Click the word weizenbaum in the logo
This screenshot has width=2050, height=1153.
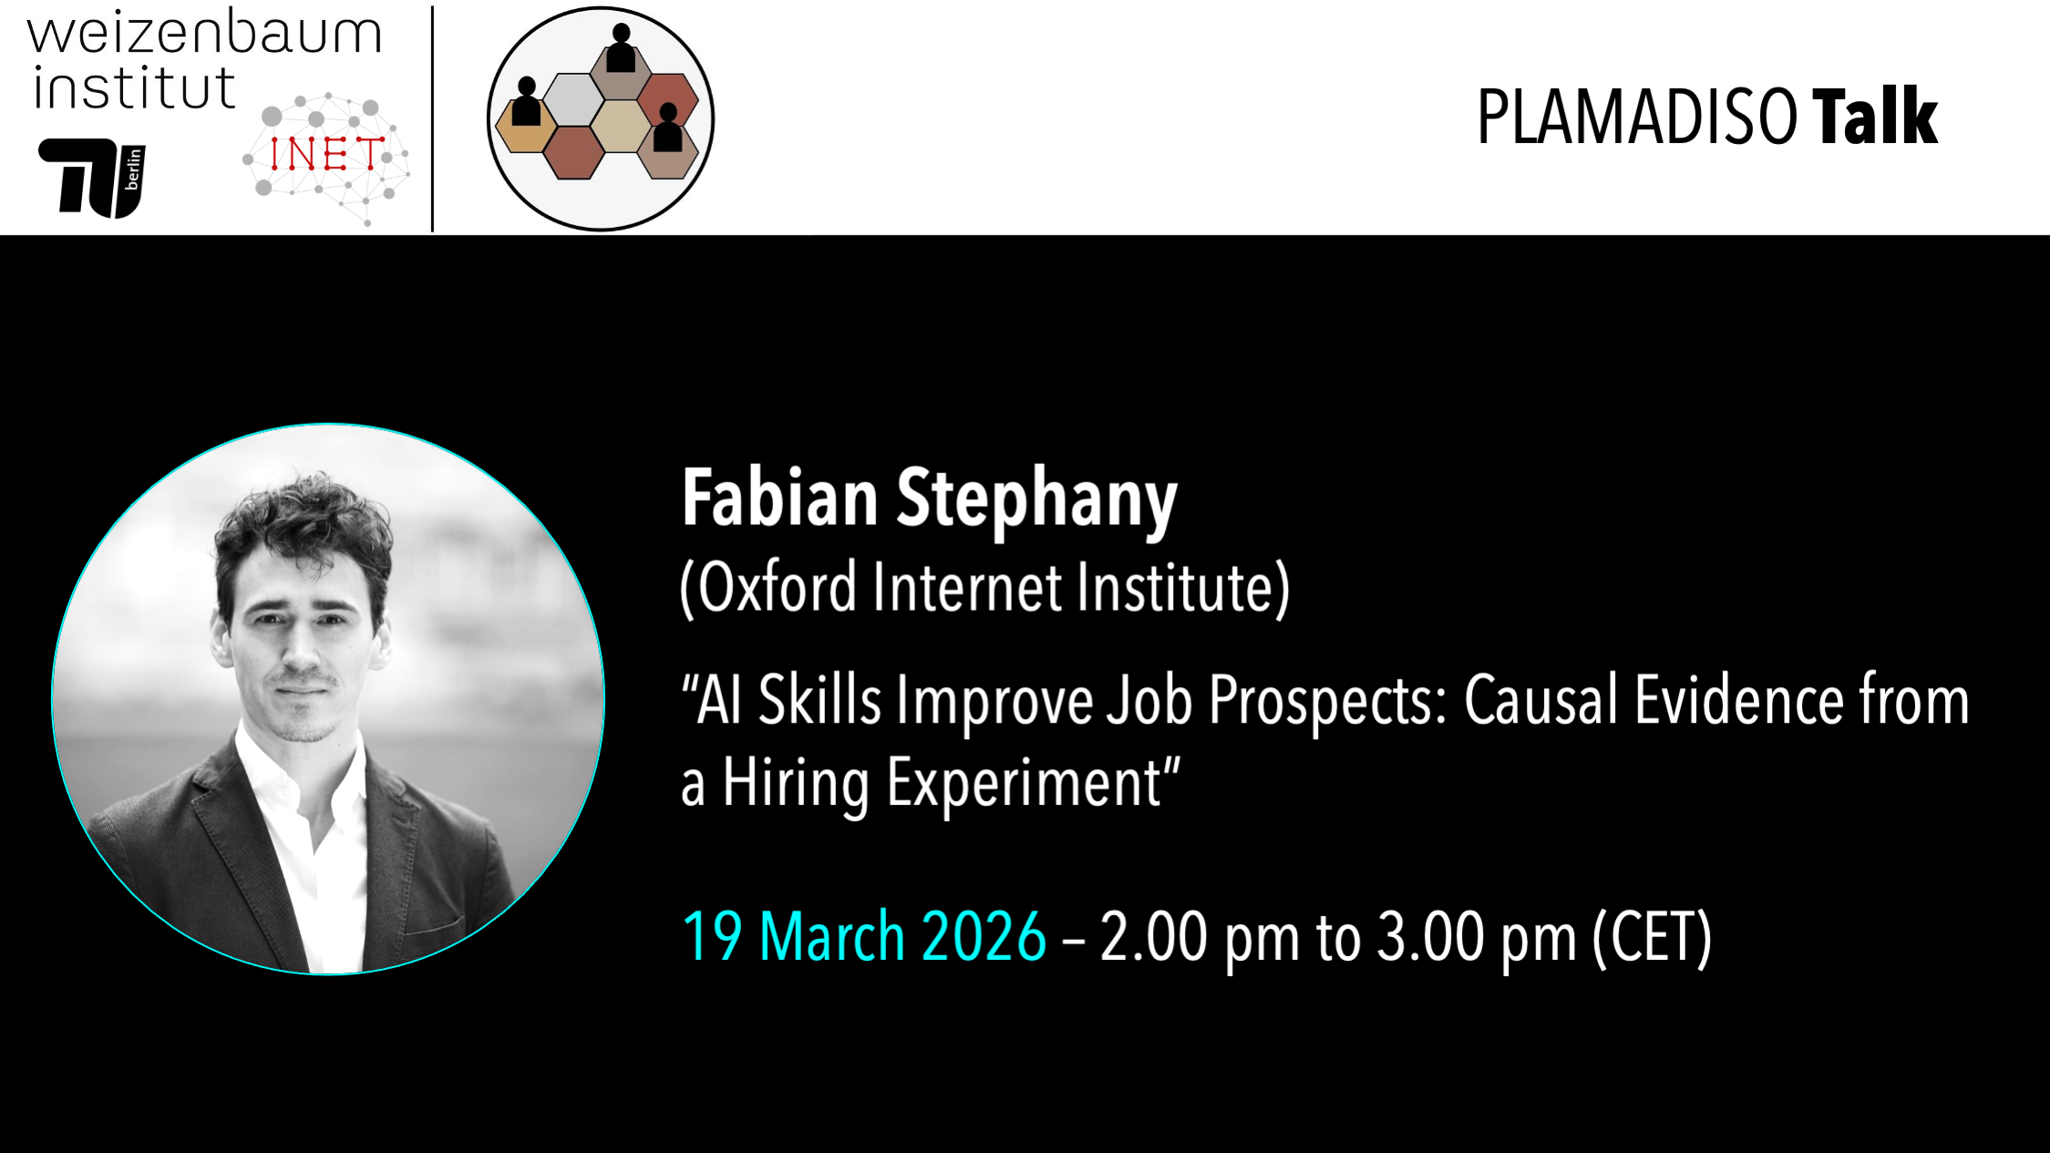(204, 33)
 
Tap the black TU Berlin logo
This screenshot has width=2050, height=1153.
(91, 178)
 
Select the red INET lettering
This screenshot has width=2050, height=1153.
(325, 154)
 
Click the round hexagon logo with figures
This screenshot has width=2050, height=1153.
(601, 118)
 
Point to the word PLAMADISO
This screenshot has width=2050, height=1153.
(1637, 118)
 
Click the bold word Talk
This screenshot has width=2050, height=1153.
(1874, 118)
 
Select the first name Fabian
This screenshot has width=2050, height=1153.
(779, 499)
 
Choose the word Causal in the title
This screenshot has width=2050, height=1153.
(1540, 701)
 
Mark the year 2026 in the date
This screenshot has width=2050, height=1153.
(984, 936)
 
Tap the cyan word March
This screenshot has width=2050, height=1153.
(831, 936)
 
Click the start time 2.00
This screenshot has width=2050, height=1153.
(1153, 936)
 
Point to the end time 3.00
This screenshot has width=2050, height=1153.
(1430, 936)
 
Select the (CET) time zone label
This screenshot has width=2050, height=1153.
(1652, 936)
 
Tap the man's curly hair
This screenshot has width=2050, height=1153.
(301, 524)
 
